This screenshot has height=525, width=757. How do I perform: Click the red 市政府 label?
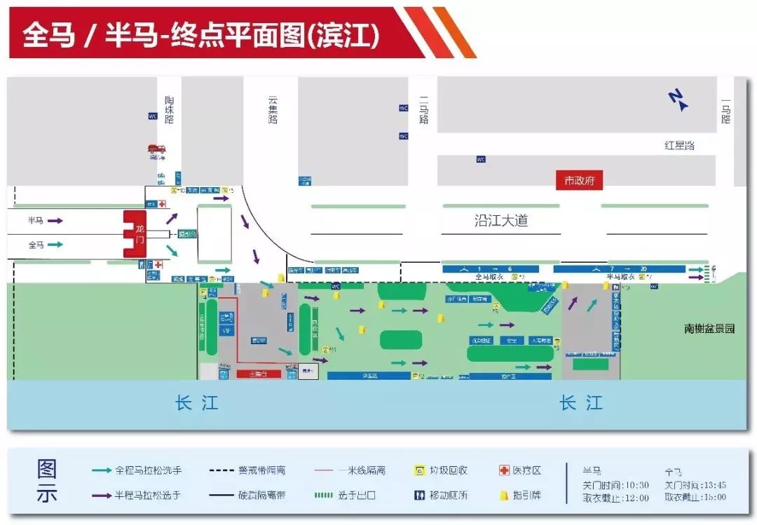coord(579,180)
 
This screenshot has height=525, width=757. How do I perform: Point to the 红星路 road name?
coord(679,145)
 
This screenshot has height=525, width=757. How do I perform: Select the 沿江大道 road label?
coord(500,221)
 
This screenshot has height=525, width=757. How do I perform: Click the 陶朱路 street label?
coord(169,110)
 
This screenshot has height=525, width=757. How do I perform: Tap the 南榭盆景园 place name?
coord(709,328)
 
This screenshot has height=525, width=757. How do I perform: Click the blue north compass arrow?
coord(678,100)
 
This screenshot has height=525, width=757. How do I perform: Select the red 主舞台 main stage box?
coord(259,374)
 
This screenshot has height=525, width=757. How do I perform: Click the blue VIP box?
coord(226,329)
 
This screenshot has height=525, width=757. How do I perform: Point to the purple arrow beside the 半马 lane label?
coord(55,220)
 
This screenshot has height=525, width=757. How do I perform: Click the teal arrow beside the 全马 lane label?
coord(55,245)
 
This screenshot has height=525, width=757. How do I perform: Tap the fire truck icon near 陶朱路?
coord(156,149)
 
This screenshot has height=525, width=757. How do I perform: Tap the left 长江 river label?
coord(196,403)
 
